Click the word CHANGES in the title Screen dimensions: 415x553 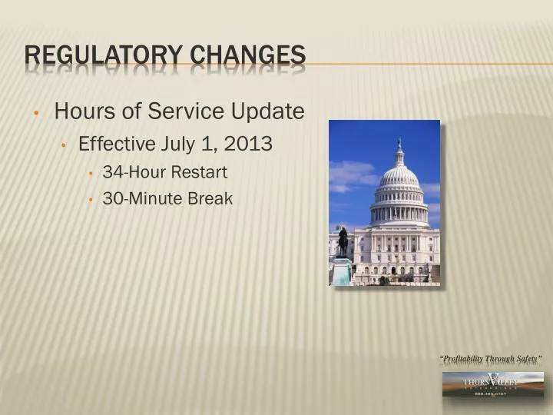pyautogui.click(x=247, y=55)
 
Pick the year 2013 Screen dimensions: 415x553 pyautogui.click(x=248, y=144)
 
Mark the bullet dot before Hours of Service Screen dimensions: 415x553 pyautogui.click(x=37, y=114)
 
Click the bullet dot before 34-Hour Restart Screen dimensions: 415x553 pyautogui.click(x=91, y=174)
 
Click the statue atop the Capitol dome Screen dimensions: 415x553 pyautogui.click(x=399, y=144)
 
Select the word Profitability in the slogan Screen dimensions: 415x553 pyautogui.click(x=465, y=360)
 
